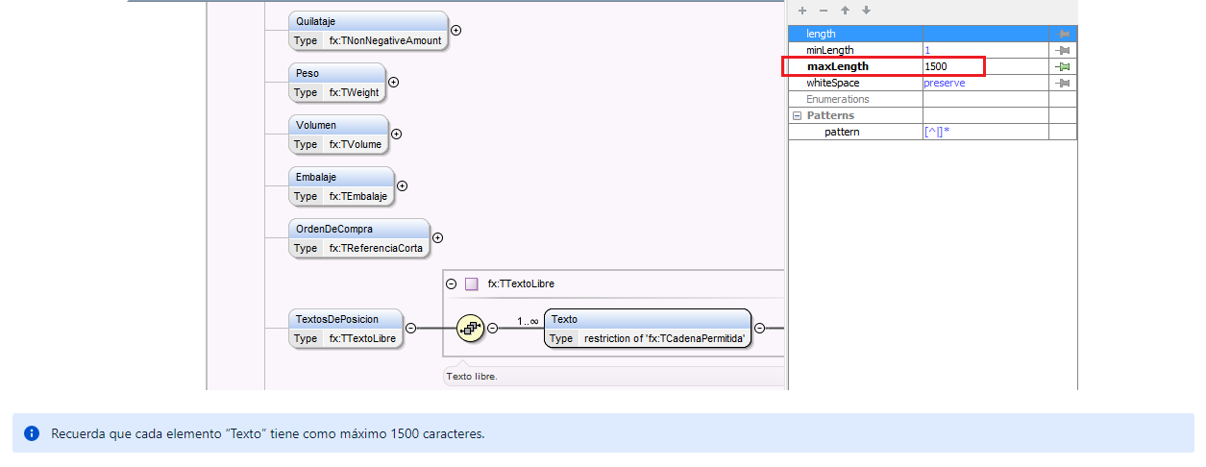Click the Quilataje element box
point(368,31)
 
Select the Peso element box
point(337,83)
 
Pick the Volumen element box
point(338,135)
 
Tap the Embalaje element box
point(341,186)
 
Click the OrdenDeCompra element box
point(358,238)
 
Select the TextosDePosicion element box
point(346,329)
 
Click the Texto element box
point(647,329)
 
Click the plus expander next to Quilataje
point(456,30)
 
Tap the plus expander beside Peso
point(393,82)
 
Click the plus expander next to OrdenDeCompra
point(437,237)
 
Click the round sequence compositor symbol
point(470,328)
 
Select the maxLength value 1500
point(935,66)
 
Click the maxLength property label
point(837,66)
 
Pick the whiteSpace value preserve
point(944,83)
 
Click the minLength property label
point(829,50)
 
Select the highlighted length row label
point(821,34)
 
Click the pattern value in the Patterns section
point(936,132)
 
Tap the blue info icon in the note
point(32,433)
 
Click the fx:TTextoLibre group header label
point(521,283)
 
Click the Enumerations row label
point(837,99)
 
